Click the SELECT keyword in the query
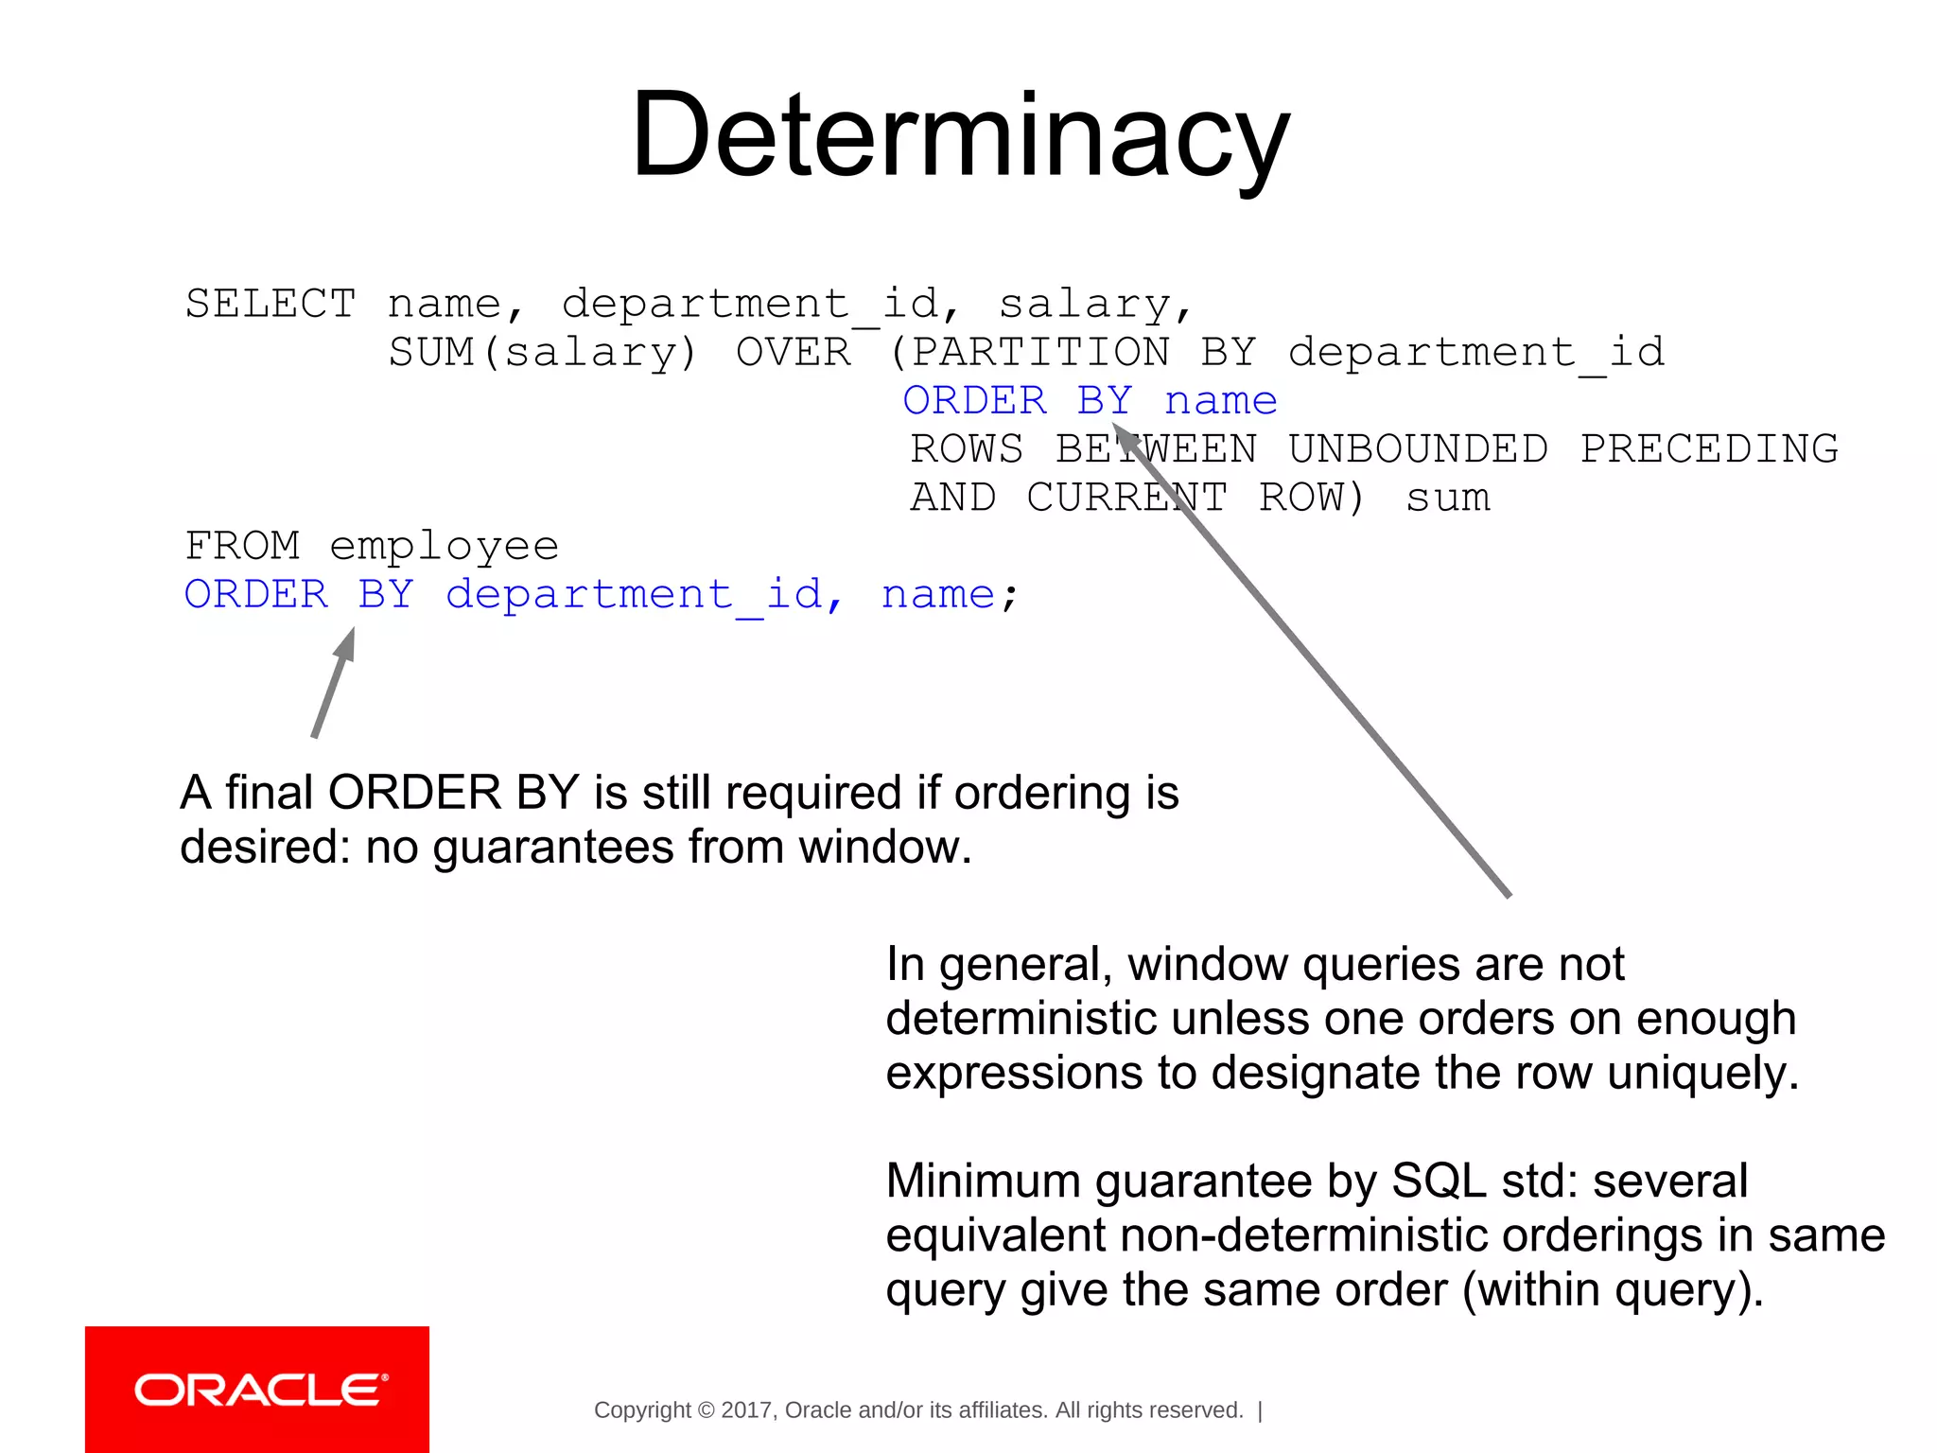click(x=270, y=305)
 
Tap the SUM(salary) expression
click(x=542, y=353)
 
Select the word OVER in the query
click(x=794, y=353)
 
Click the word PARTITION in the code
click(x=1039, y=353)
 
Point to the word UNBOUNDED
click(x=1418, y=449)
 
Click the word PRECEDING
click(x=1709, y=449)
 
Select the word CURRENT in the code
click(x=1127, y=498)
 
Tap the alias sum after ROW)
click(x=1448, y=498)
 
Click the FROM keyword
click(x=242, y=546)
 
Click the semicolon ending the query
click(x=1010, y=597)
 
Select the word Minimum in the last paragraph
click(x=983, y=1181)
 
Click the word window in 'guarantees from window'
click(x=883, y=847)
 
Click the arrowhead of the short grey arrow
click(x=347, y=643)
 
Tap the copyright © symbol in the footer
click(x=706, y=1410)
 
